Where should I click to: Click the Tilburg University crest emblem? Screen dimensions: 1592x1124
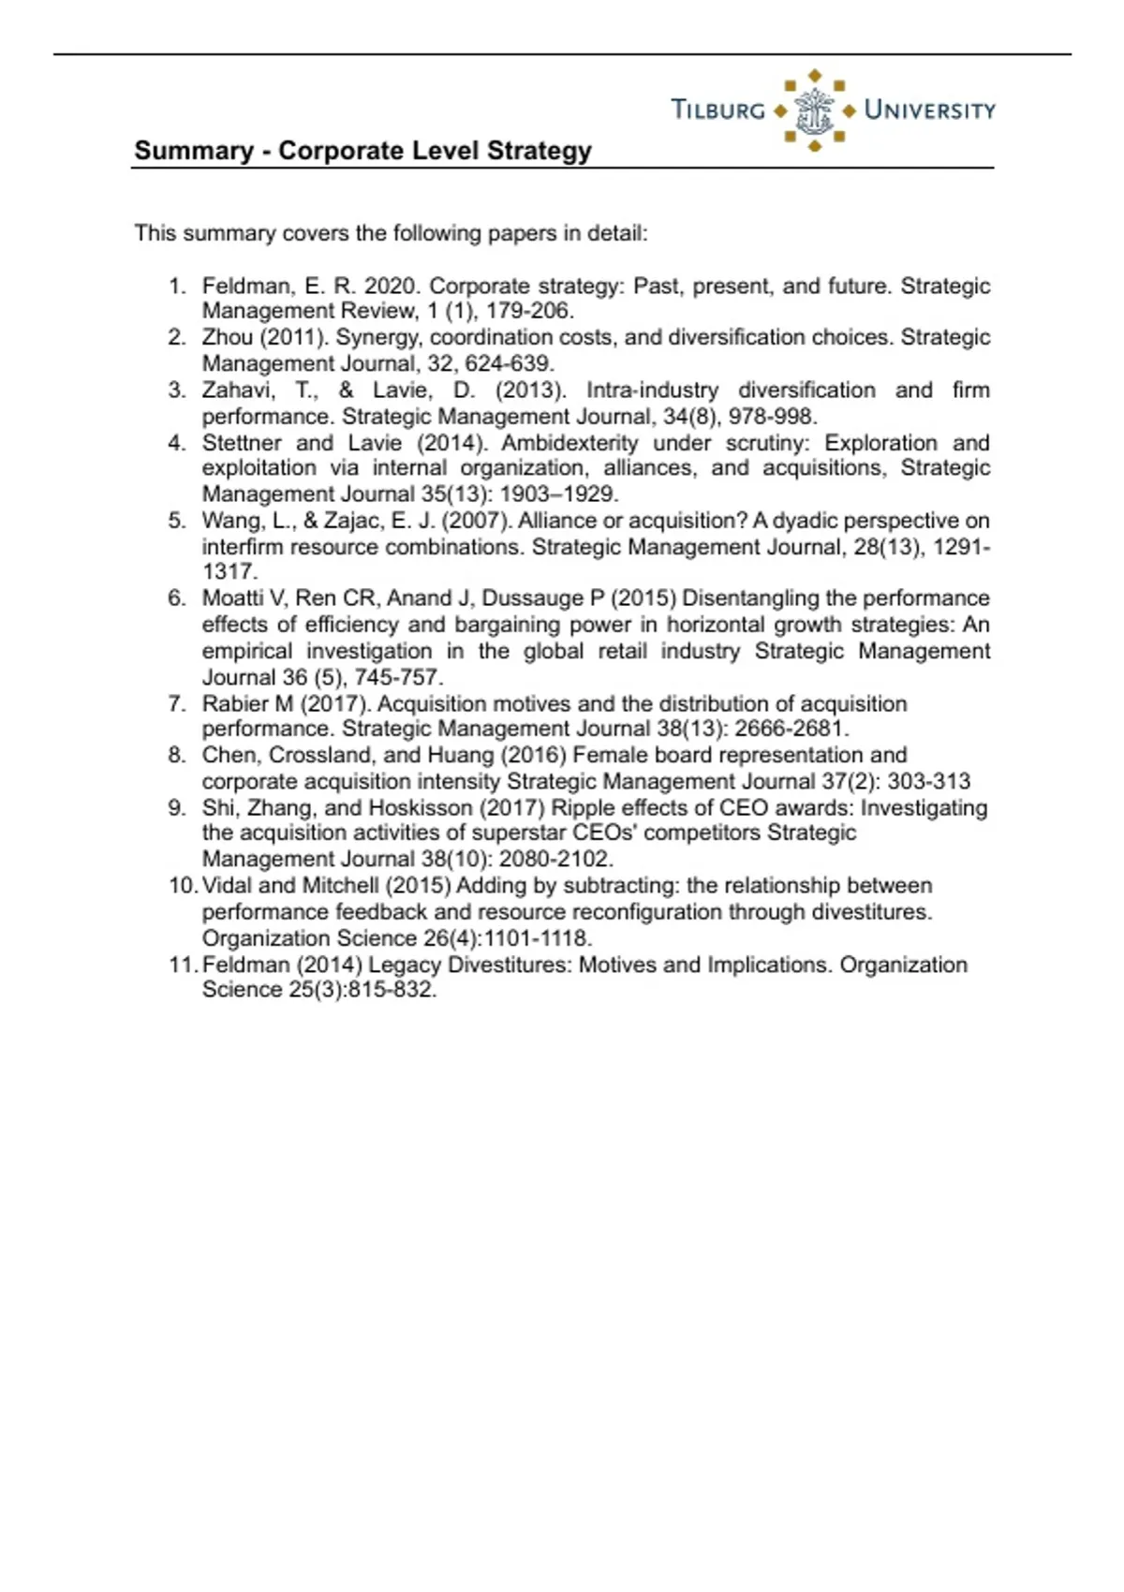814,111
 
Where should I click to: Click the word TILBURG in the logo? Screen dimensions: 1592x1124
718,110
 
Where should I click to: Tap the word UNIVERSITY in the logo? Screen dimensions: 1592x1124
929,110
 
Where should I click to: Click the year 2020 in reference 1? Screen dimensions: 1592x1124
392,286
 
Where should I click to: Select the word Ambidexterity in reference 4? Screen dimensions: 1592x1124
569,443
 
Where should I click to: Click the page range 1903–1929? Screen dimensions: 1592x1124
559,494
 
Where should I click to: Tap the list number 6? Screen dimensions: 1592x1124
177,598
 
